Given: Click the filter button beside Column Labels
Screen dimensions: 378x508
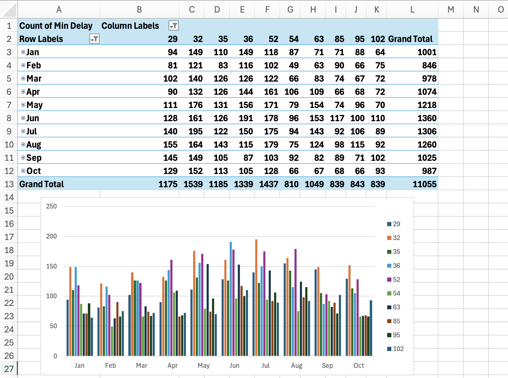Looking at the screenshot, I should (x=173, y=26).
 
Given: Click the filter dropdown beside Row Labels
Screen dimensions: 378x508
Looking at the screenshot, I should (x=94, y=39).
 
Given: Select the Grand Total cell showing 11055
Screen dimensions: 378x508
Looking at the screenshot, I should (x=424, y=184).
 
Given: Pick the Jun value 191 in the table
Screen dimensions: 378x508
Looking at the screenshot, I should (x=246, y=118).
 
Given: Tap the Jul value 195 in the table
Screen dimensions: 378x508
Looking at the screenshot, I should (x=196, y=131).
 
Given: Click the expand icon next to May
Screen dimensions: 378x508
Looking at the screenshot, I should (x=23, y=105).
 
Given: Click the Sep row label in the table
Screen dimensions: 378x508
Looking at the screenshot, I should (x=34, y=158).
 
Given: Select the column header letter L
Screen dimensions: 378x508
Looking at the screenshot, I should (x=412, y=10).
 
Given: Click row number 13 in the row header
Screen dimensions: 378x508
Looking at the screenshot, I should (x=9, y=184).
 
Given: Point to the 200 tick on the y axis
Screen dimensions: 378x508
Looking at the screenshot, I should (x=51, y=236).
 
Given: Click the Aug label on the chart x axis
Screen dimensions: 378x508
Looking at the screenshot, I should (x=297, y=365).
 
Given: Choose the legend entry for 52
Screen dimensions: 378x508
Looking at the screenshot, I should (x=393, y=280).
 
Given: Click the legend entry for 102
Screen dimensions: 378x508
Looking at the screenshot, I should (x=395, y=349).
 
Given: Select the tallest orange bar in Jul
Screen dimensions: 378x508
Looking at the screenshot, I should (x=256, y=297).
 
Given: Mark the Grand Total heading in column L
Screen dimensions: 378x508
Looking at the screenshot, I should (x=410, y=39).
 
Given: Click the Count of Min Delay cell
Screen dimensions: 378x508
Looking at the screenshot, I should (x=56, y=26).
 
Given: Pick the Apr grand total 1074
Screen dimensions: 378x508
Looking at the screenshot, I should (x=427, y=92).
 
